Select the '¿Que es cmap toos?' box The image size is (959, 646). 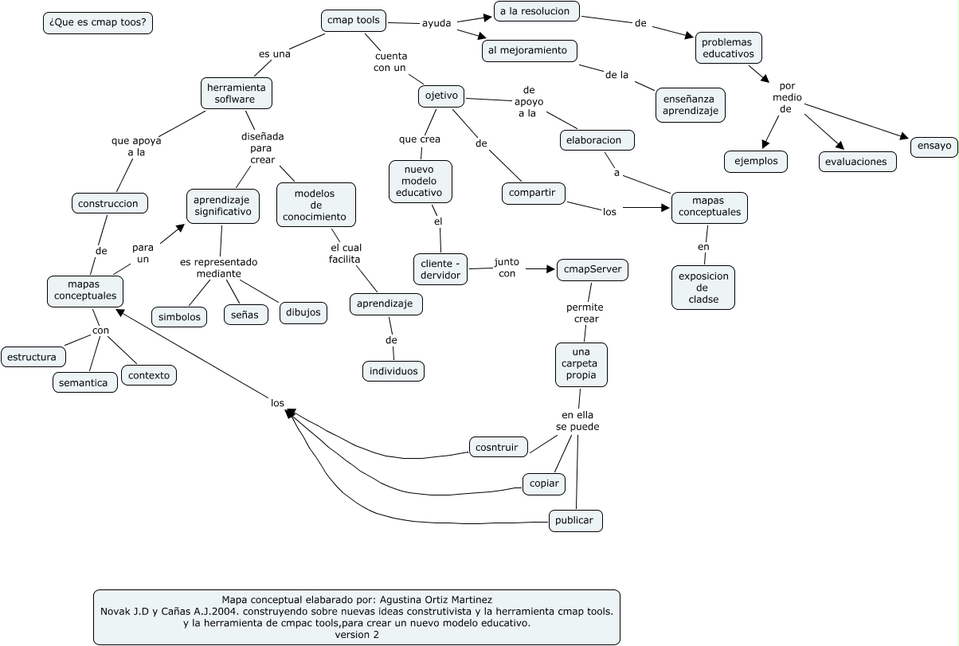coord(98,23)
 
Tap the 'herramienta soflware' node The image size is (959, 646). coord(236,92)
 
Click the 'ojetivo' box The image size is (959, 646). coord(441,96)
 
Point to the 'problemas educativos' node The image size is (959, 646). coord(728,48)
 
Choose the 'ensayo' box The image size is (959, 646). coord(934,147)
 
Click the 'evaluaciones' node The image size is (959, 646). coord(857,161)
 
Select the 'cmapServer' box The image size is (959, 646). coord(593,270)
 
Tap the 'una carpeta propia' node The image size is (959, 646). coord(581,364)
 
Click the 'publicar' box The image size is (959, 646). coord(575,521)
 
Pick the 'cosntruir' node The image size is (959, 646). coord(498,448)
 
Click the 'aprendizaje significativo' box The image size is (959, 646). coord(223,206)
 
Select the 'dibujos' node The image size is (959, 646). coord(303,312)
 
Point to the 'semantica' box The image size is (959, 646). coord(86,382)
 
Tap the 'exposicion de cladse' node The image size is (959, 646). coord(703,288)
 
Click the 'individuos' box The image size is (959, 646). coord(393,371)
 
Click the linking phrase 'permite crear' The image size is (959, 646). coord(585,313)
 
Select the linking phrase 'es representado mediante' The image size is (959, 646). coord(219,268)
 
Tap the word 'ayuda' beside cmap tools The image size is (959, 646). coord(436,23)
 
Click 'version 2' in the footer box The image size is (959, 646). coord(357,635)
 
